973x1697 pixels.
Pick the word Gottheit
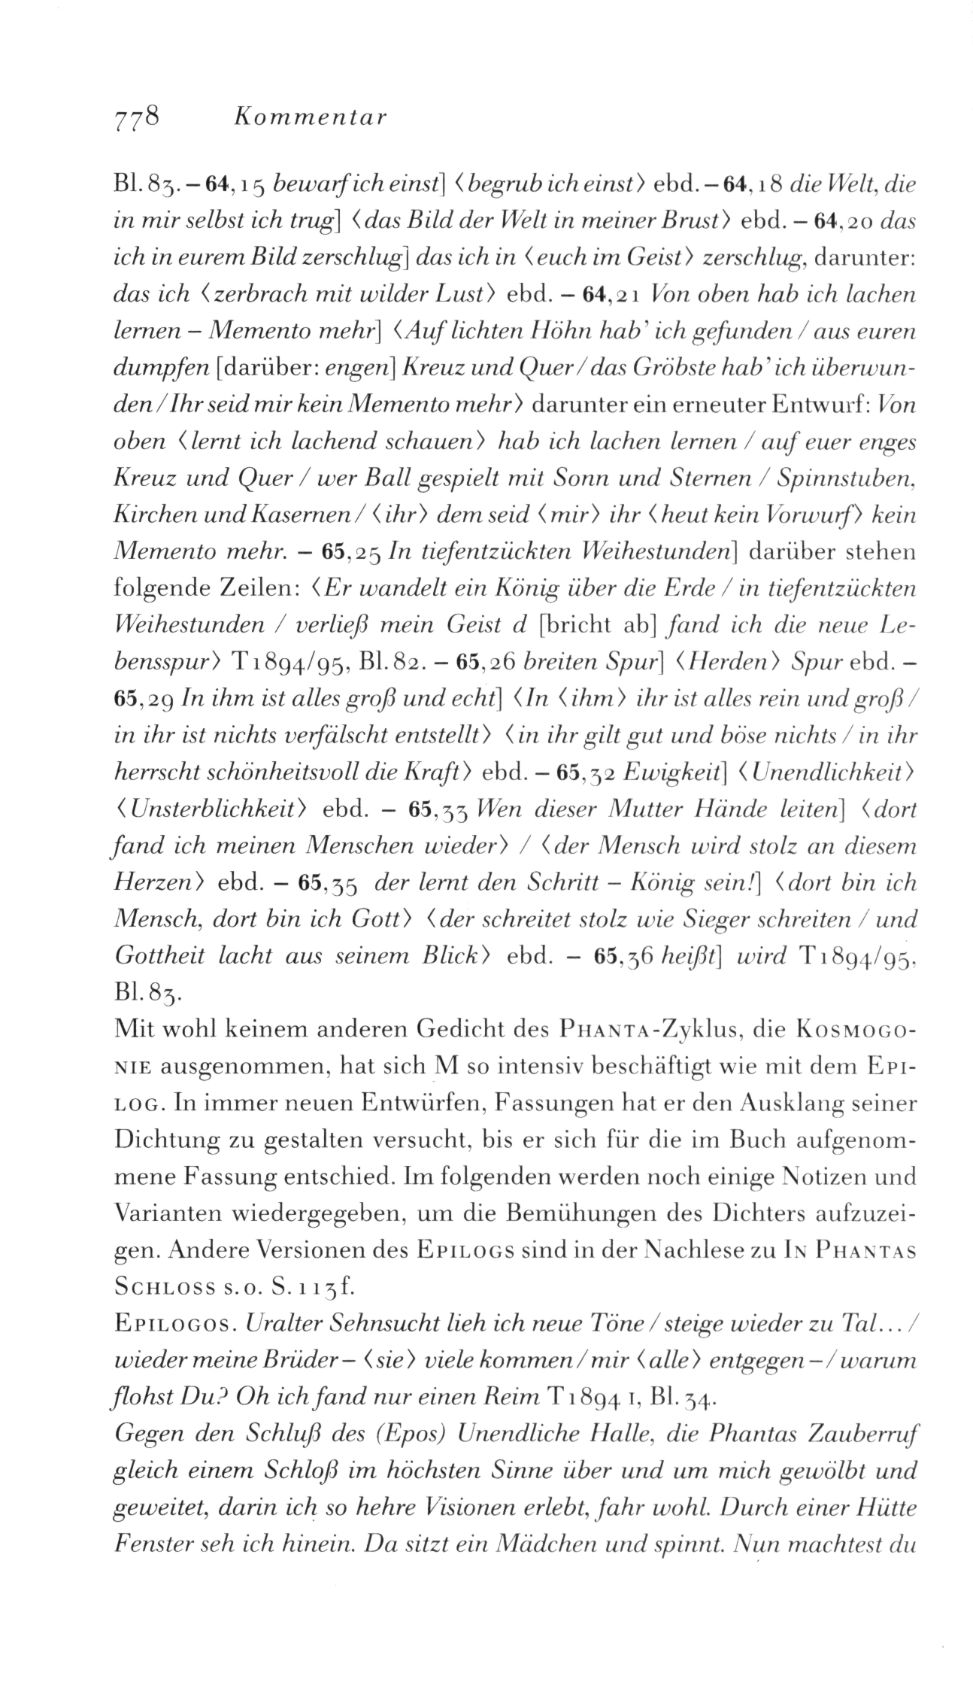[x=159, y=956]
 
